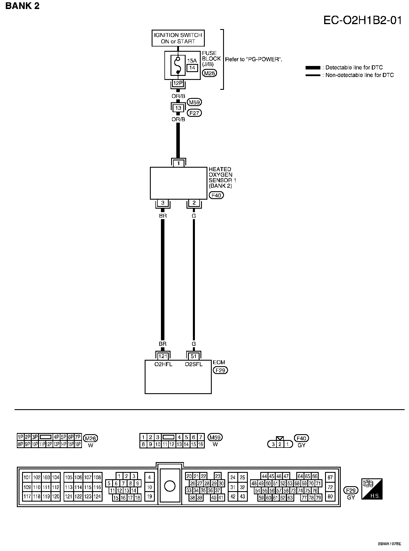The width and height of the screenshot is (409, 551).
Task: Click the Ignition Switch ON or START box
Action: [178, 38]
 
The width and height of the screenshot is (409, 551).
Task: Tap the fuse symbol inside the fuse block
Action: [178, 65]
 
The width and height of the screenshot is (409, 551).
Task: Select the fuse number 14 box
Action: [192, 68]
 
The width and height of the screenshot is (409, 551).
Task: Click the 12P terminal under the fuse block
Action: [178, 83]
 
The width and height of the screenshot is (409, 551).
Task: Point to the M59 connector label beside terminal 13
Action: [195, 102]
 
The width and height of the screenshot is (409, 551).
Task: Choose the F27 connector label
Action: [195, 113]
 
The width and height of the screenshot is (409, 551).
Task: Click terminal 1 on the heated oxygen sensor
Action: [178, 163]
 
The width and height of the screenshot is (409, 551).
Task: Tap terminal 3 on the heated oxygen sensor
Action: [163, 203]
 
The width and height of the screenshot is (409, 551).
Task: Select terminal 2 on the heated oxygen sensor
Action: [194, 203]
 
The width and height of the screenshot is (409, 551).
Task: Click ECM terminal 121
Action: [163, 356]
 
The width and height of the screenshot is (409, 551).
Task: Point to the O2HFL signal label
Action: [163, 364]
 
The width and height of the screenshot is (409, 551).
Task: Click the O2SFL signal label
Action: [194, 364]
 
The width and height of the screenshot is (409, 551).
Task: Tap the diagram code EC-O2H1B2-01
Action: [363, 21]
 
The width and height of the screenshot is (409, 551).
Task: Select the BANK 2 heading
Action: [22, 6]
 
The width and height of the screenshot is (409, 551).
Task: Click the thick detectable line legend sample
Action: [313, 68]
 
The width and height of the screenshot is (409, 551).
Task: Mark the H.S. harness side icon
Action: [372, 489]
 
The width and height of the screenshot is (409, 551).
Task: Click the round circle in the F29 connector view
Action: [170, 486]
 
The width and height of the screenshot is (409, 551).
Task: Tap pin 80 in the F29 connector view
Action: [330, 496]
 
